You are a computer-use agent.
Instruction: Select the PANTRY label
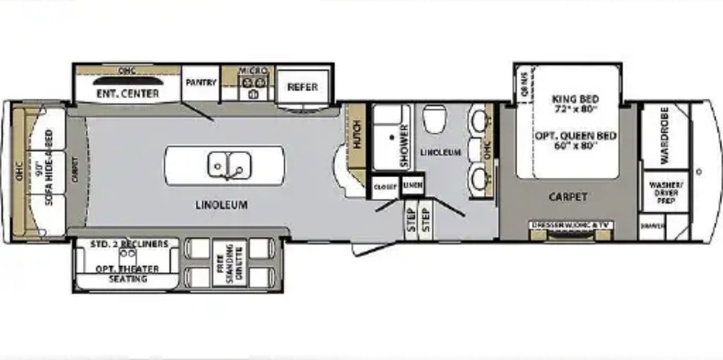click(201, 83)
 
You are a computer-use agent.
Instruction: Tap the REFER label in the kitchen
click(302, 87)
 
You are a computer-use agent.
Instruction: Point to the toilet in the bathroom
click(435, 119)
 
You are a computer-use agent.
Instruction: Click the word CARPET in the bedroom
click(568, 196)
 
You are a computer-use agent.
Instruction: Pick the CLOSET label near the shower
click(385, 187)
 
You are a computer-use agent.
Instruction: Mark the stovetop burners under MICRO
click(254, 93)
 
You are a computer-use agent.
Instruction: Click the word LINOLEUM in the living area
click(222, 205)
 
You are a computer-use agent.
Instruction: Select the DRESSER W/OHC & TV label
click(571, 226)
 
